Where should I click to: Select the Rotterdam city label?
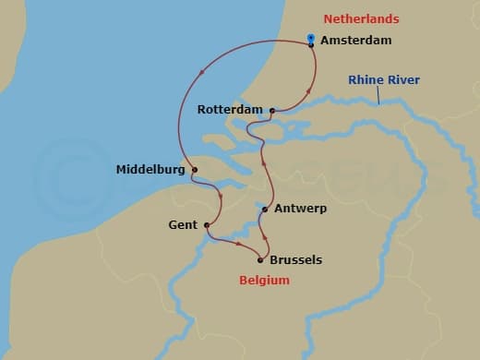(x=231, y=110)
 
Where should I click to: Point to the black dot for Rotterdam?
(x=272, y=111)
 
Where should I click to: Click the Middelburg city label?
(x=150, y=170)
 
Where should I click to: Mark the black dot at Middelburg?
(x=194, y=169)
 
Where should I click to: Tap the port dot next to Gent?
(x=206, y=224)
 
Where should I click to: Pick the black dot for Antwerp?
(x=265, y=210)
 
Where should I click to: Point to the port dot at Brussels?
(x=260, y=259)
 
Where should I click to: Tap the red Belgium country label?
(x=265, y=281)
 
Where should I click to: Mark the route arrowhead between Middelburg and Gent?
(x=222, y=197)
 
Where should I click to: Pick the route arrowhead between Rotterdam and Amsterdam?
(x=305, y=90)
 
